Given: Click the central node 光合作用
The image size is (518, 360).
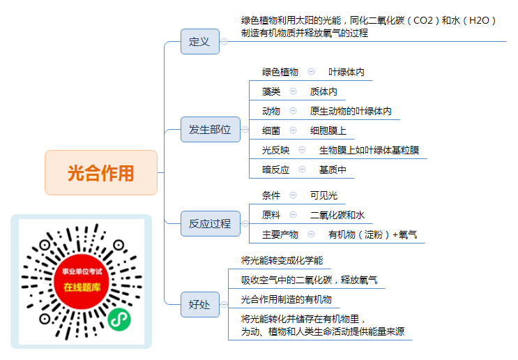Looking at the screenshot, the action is pyautogui.click(x=101, y=172).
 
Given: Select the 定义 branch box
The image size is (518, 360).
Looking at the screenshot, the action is pyautogui.click(x=200, y=42).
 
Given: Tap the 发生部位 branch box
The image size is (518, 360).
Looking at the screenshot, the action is pyautogui.click(x=210, y=130).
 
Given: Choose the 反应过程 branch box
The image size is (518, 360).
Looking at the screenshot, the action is pyautogui.click(x=210, y=224).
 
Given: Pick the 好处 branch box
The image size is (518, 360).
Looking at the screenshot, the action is pyautogui.click(x=200, y=304).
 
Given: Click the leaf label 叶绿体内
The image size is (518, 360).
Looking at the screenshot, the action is pyautogui.click(x=346, y=72).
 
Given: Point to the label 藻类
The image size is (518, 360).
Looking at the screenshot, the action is pyautogui.click(x=271, y=91).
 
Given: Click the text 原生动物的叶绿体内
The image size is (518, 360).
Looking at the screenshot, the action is pyautogui.click(x=351, y=111).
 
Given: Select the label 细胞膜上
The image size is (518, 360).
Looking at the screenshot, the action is pyautogui.click(x=328, y=130).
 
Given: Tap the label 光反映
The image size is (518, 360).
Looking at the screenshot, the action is pyautogui.click(x=275, y=150).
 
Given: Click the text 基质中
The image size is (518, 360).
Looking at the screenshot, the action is pyautogui.click(x=333, y=170).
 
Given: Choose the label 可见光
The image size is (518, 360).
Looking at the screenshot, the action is pyautogui.click(x=323, y=195).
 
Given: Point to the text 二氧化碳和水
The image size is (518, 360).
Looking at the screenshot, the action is pyautogui.click(x=337, y=215).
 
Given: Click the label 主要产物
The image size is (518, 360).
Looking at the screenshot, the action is pyautogui.click(x=280, y=234).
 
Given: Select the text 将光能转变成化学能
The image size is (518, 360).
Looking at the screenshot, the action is pyautogui.click(x=282, y=260).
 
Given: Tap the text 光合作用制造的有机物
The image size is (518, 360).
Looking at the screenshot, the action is pyautogui.click(x=287, y=299).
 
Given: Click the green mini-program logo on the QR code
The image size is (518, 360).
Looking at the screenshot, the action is pyautogui.click(x=119, y=320).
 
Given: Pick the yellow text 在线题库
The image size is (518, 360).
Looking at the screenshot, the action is pyautogui.click(x=82, y=287).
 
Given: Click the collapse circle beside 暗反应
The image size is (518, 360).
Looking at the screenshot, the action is pyautogui.click(x=302, y=170).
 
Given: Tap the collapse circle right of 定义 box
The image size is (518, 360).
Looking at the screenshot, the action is pyautogui.click(x=224, y=42).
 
